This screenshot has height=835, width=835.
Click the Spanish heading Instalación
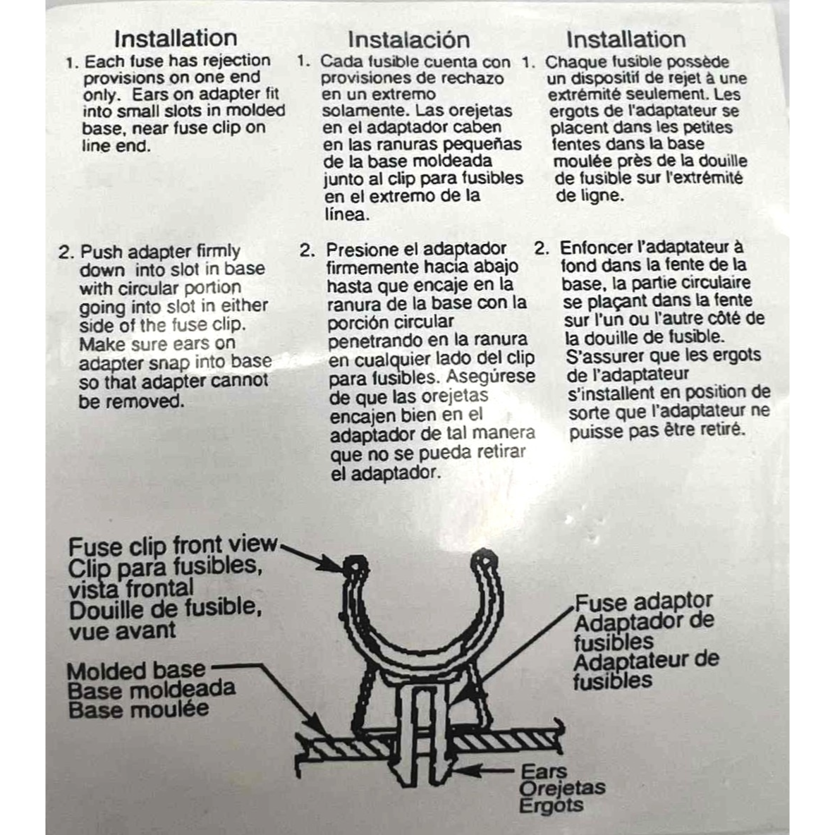[x=408, y=39]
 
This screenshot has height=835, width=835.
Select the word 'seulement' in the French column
[x=669, y=95]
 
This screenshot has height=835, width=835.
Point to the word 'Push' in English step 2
[x=99, y=252]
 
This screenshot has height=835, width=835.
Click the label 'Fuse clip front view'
[x=173, y=546]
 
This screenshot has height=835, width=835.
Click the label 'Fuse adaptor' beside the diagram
[x=644, y=602]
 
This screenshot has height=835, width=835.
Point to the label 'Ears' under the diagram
[x=544, y=772]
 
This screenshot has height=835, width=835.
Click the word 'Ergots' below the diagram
[x=551, y=805]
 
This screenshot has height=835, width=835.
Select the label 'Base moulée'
[x=138, y=709]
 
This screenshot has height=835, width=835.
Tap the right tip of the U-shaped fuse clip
[x=482, y=561]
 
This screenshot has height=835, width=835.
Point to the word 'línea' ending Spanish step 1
[x=346, y=214]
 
